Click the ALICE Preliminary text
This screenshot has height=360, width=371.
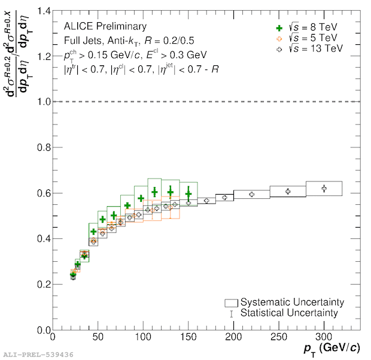(105, 26)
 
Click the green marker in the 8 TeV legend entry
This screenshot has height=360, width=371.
(277, 28)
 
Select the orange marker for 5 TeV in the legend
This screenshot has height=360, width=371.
(277, 38)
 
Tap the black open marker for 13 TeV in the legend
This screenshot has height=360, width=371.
(277, 49)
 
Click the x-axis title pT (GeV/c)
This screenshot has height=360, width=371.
(332, 348)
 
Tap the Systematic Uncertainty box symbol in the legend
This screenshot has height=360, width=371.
(232, 302)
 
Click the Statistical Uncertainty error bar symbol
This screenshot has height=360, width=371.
(232, 313)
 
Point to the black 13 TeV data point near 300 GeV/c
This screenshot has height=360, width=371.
(324, 188)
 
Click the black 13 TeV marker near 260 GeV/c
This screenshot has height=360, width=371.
(288, 191)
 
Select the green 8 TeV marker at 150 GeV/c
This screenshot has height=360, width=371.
(188, 193)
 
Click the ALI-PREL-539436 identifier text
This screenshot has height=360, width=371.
(38, 355)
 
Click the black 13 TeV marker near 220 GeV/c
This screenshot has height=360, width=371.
(251, 194)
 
